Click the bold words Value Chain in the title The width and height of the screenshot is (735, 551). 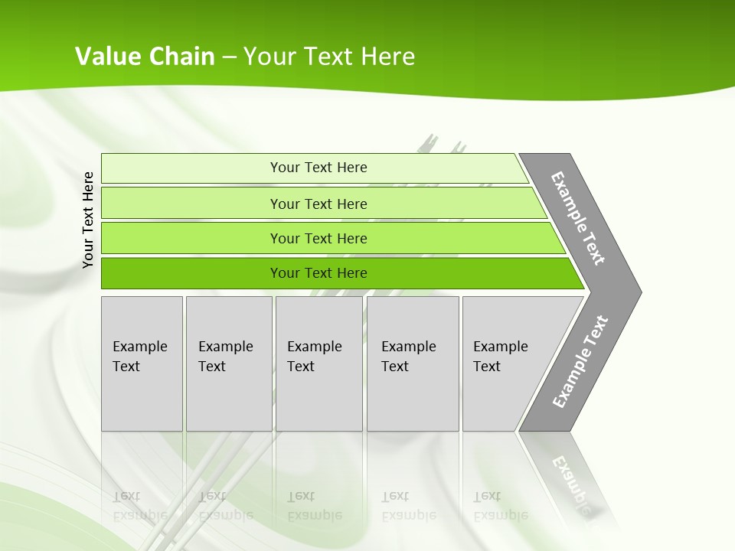[x=145, y=56]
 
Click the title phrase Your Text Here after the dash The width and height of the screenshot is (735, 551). [x=329, y=56]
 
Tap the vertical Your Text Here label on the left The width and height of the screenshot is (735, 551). [x=88, y=220]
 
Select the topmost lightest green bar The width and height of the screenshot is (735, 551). [x=191, y=168]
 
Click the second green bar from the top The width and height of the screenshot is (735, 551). [x=191, y=203]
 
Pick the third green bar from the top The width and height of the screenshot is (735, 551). [x=191, y=238]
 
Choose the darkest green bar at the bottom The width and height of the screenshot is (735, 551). [x=191, y=273]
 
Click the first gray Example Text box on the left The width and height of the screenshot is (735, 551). [x=142, y=364]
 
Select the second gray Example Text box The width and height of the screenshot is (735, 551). [x=229, y=364]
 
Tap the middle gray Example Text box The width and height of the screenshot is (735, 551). [x=318, y=364]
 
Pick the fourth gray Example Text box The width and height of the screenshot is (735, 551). [x=413, y=364]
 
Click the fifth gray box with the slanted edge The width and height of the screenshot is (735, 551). [x=505, y=364]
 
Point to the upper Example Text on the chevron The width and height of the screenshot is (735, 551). [x=578, y=218]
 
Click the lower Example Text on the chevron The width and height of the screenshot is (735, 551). [x=580, y=361]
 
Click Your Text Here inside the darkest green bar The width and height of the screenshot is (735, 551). [x=318, y=273]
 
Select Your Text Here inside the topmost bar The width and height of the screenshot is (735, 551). [x=318, y=168]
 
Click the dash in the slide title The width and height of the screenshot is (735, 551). [x=229, y=57]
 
